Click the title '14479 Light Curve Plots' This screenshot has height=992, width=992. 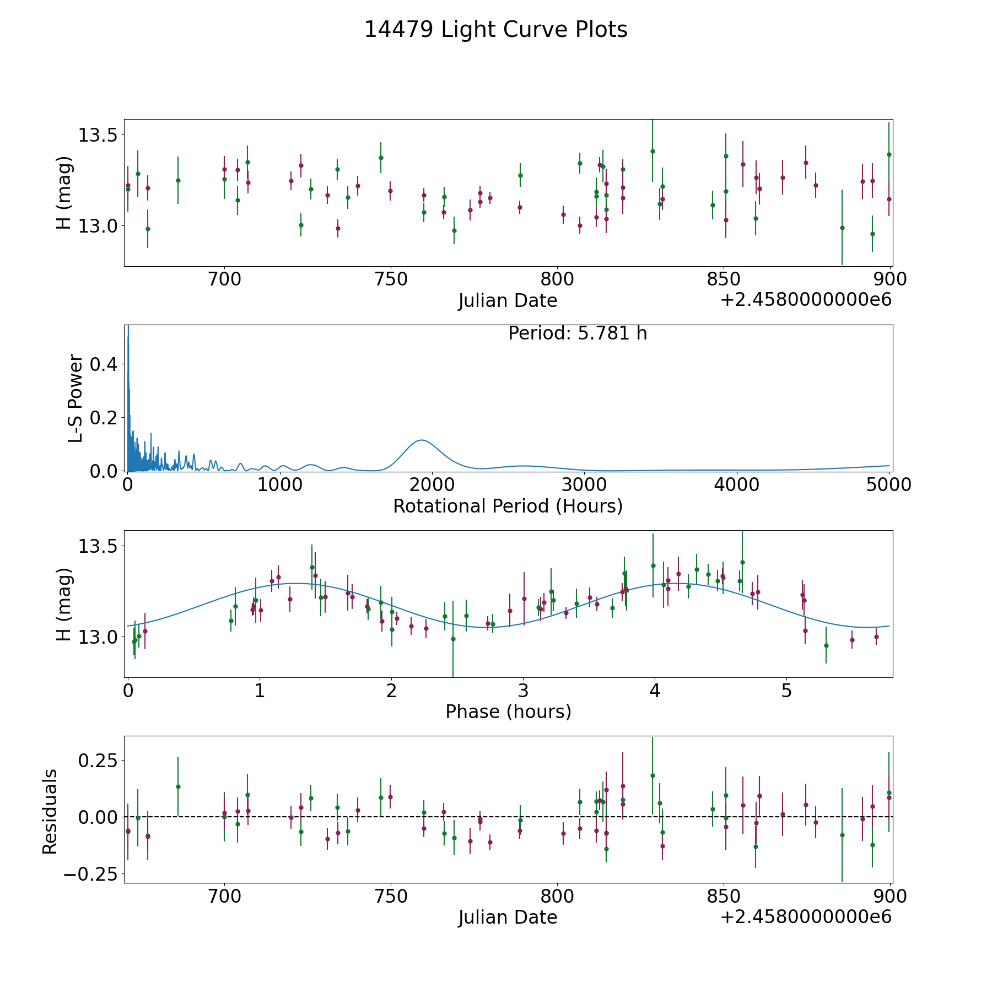[496, 30]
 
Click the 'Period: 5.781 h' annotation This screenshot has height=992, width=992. [578, 333]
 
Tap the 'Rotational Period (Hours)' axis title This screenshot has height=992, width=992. [508, 506]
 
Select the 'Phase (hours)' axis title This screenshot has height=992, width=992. [508, 711]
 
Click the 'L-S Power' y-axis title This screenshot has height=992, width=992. [76, 398]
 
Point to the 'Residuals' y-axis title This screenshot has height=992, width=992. [50, 811]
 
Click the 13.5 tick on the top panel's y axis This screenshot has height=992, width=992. [98, 135]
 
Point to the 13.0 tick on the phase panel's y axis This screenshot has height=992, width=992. [98, 637]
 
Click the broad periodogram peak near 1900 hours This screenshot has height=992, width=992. [422, 440]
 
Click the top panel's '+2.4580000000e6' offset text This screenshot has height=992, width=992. [806, 300]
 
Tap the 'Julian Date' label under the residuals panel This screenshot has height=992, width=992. [508, 918]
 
